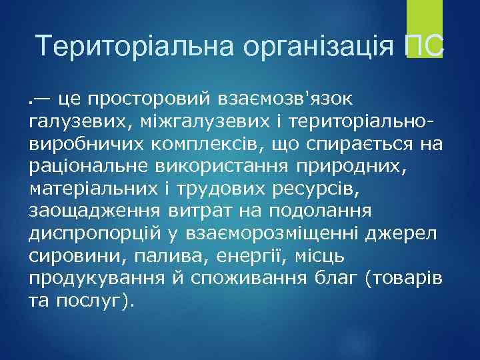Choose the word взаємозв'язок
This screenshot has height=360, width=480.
coord(285,99)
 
